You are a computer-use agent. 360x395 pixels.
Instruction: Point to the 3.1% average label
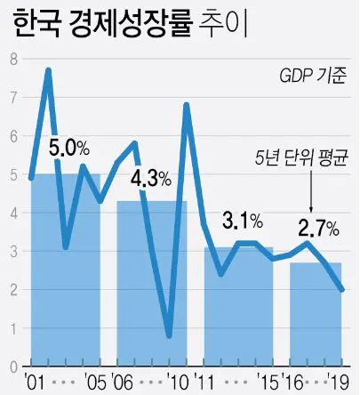pyautogui.click(x=242, y=218)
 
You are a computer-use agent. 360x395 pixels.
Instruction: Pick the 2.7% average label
pyautogui.click(x=318, y=227)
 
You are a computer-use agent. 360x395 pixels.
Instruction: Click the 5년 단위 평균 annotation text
pyautogui.click(x=296, y=160)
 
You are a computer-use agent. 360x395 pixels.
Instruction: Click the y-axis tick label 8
pyautogui.click(x=13, y=60)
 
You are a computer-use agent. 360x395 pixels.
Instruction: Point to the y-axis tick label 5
pyautogui.click(x=13, y=174)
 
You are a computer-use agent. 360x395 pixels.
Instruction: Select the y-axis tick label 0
pyautogui.click(x=13, y=366)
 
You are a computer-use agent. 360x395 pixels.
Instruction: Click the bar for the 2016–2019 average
pyautogui.click(x=316, y=311)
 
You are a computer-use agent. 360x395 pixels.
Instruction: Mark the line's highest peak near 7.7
pyautogui.click(x=48, y=70)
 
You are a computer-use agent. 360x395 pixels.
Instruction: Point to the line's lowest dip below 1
pyautogui.click(x=169, y=335)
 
